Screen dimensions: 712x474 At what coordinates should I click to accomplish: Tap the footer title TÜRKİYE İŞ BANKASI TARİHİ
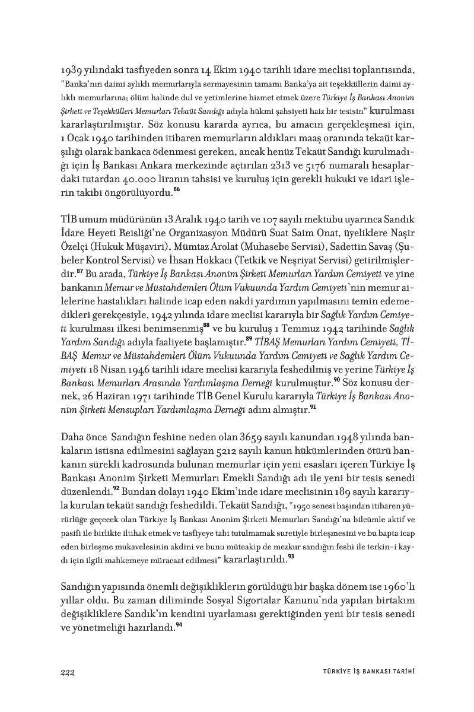[x=364, y=671]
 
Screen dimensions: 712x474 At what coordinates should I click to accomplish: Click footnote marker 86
[x=176, y=190]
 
